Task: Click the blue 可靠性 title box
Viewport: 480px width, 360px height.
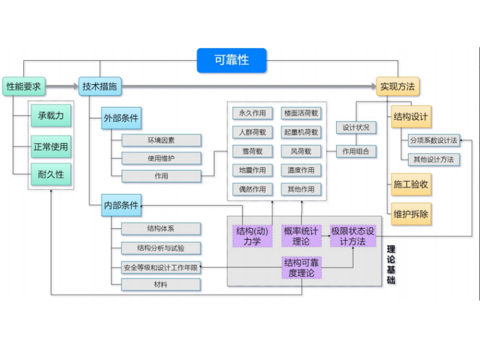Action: [x=231, y=61]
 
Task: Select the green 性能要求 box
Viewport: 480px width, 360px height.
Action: [x=24, y=87]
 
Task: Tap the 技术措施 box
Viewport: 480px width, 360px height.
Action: [x=100, y=87]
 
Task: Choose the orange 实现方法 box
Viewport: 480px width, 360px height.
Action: [x=398, y=87]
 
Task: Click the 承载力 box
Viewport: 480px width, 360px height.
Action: [x=51, y=116]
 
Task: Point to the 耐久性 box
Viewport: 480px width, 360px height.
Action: [x=51, y=174]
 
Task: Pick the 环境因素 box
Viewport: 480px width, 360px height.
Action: [x=161, y=140]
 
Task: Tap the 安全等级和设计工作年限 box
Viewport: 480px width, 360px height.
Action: [x=161, y=267]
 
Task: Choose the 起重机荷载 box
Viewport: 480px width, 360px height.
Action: [x=301, y=133]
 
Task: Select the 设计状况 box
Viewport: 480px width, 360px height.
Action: [x=356, y=128]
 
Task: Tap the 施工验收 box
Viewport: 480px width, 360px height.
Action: [x=411, y=184]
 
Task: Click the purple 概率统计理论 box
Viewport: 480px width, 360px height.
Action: [x=301, y=236]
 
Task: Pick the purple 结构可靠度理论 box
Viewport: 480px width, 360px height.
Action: [x=301, y=268]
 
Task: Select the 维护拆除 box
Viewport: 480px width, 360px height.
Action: [x=411, y=214]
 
